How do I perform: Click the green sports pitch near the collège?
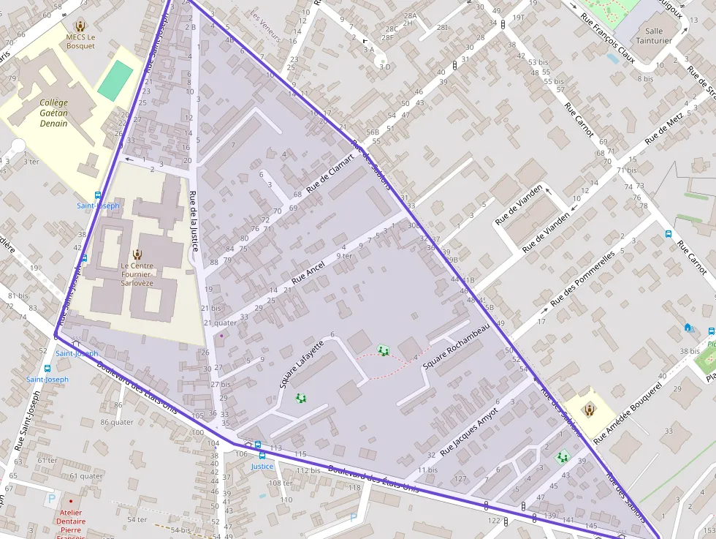pyautogui.click(x=115, y=80)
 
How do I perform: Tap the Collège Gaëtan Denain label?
pyautogui.click(x=53, y=113)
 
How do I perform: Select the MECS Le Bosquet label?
pyautogui.click(x=80, y=41)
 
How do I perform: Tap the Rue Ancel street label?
pyautogui.click(x=308, y=273)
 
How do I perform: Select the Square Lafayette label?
pyautogui.click(x=300, y=363)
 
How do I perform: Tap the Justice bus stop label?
pyautogui.click(x=262, y=466)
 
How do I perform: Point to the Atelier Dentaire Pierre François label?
pyautogui.click(x=71, y=521)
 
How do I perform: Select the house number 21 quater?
pyautogui.click(x=220, y=323)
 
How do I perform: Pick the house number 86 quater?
pyautogui.click(x=117, y=422)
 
